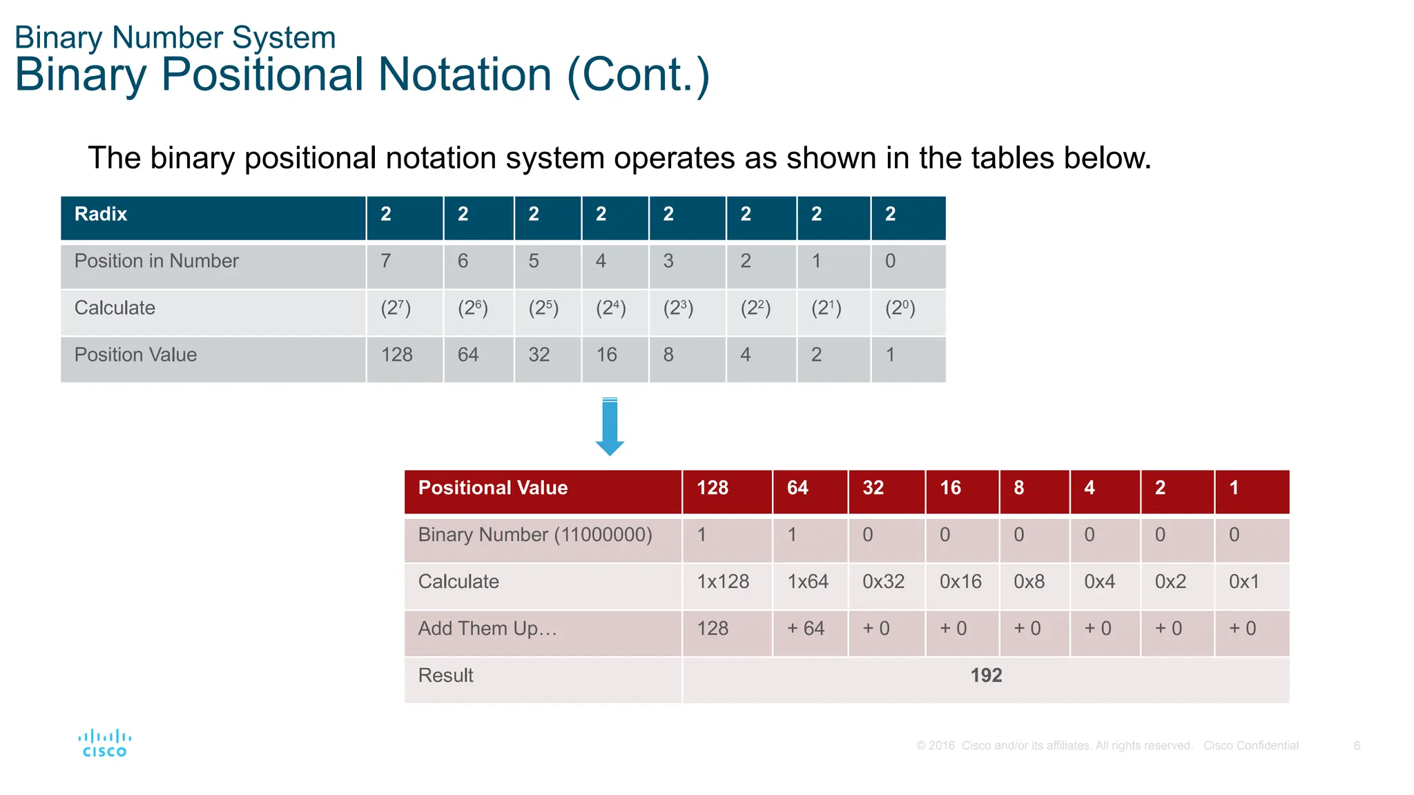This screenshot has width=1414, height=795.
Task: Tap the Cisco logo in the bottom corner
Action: [x=104, y=743]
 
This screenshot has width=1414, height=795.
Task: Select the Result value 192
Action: [x=985, y=676]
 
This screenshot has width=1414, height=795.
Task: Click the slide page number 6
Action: [x=1357, y=746]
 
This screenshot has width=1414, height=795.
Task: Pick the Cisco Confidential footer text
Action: [x=1250, y=746]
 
